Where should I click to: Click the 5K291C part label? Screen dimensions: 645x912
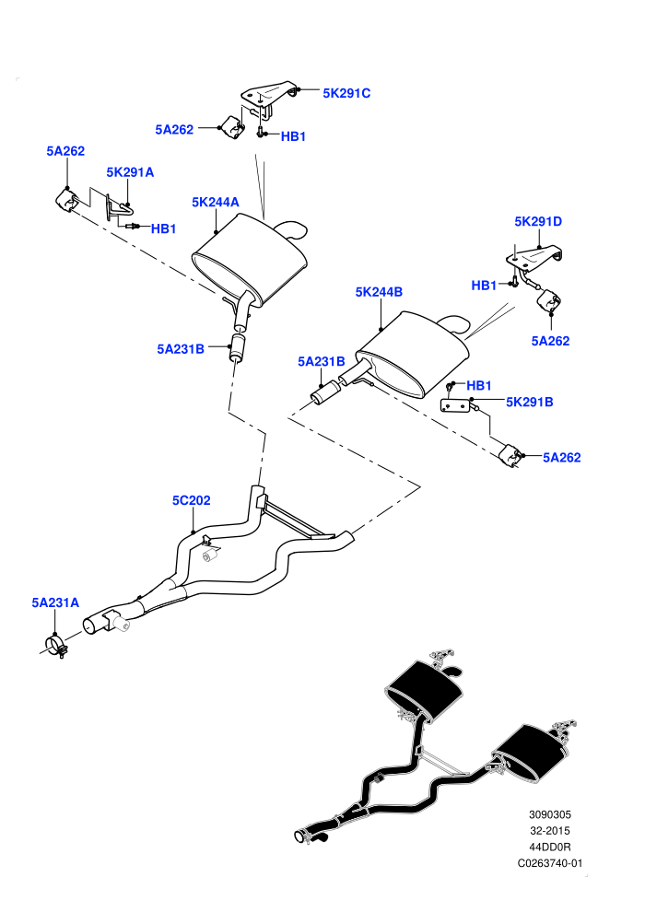click(x=346, y=93)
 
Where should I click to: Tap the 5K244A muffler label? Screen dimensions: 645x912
click(x=216, y=202)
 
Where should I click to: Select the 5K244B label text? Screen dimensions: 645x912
click(x=379, y=292)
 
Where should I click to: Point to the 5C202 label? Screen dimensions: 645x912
click(x=192, y=500)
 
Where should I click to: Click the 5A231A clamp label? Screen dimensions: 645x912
click(x=55, y=602)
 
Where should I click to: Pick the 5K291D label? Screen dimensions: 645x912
click(x=538, y=222)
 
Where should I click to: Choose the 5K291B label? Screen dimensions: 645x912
click(x=529, y=402)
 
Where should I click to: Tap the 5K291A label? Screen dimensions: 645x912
click(x=130, y=172)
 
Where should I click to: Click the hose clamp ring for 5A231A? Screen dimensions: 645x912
click(x=56, y=646)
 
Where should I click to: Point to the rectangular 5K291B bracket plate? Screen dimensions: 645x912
click(x=456, y=404)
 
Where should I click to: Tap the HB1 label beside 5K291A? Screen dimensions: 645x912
click(x=163, y=228)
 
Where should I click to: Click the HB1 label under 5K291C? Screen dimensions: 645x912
click(x=293, y=136)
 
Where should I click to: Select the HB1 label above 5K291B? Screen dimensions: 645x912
click(x=478, y=385)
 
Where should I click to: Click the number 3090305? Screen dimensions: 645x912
click(x=549, y=815)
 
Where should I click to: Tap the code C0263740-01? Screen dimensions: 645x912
click(x=549, y=863)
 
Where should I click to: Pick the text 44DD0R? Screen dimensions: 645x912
click(x=549, y=847)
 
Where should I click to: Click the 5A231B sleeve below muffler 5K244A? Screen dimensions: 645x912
click(x=238, y=346)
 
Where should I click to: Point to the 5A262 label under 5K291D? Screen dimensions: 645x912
click(x=550, y=341)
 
